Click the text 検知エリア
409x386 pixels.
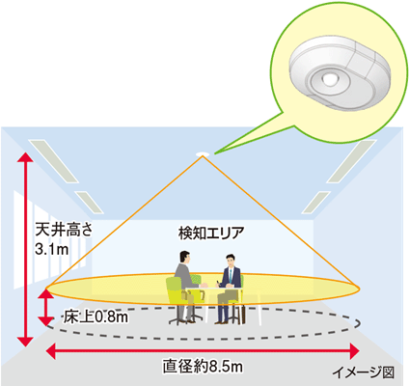[x=211, y=233]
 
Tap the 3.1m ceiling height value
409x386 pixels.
[x=52, y=249]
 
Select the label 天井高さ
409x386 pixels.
[x=64, y=230]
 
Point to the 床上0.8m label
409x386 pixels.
[x=95, y=317]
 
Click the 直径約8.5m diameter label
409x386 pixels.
[x=203, y=366]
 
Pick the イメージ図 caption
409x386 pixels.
[x=364, y=372]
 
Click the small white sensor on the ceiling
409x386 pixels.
[x=203, y=154]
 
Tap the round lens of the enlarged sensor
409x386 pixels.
[x=329, y=79]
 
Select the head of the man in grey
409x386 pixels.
[x=184, y=258]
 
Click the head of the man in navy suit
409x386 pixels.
[x=231, y=261]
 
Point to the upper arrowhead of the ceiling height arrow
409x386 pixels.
[x=25, y=156]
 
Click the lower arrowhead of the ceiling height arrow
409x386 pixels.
[x=25, y=342]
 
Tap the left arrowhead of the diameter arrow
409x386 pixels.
[x=51, y=351]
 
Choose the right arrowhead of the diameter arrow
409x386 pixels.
[x=354, y=351]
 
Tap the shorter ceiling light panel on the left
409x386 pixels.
[x=89, y=202]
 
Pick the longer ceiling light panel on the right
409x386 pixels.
[x=351, y=161]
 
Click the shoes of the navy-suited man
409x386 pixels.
[x=224, y=321]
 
